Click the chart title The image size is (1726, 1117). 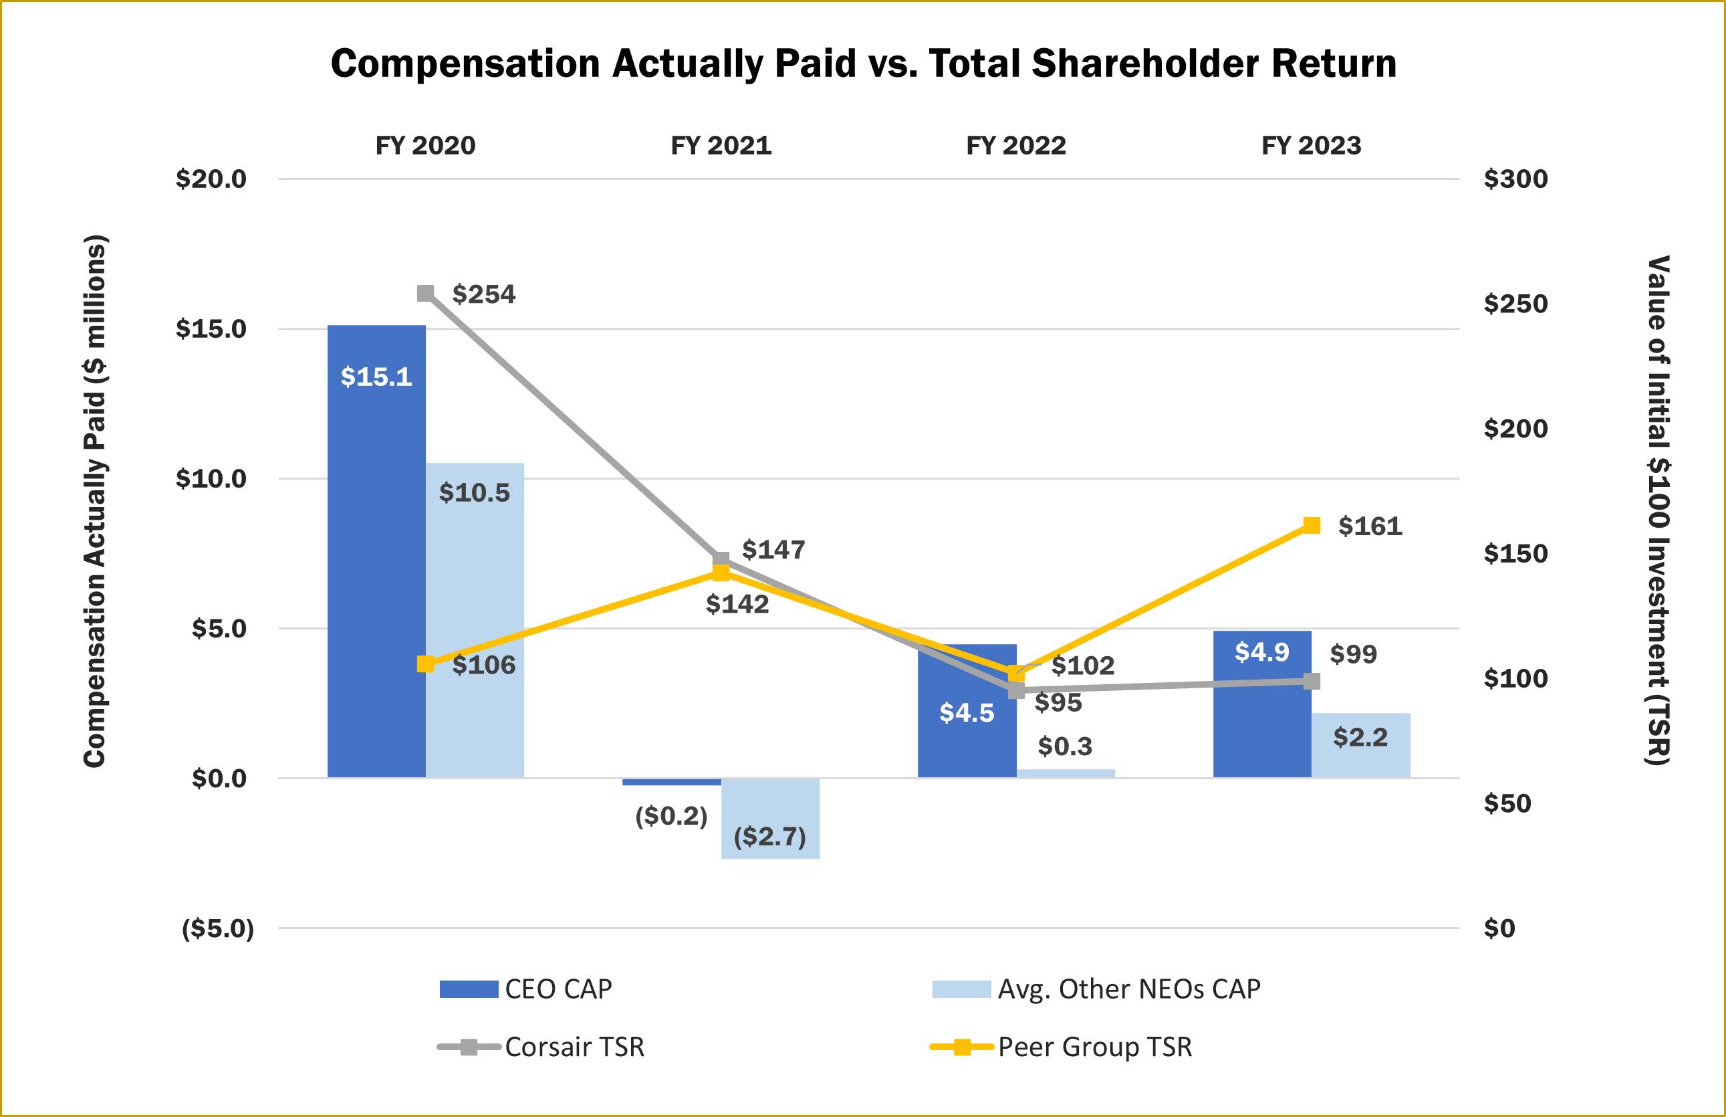tap(862, 64)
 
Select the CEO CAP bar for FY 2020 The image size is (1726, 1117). tap(376, 551)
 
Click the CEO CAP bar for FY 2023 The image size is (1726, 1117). tap(1261, 704)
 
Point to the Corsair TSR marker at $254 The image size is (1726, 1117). tap(426, 293)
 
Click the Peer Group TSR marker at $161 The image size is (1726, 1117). tap(1312, 525)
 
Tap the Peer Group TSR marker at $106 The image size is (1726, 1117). tap(426, 664)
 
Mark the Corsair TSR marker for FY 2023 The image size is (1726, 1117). tap(1312, 681)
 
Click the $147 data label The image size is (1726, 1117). tap(773, 550)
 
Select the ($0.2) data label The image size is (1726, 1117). tap(670, 816)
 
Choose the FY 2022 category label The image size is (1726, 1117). tap(1015, 146)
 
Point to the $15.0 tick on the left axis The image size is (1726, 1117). tap(211, 328)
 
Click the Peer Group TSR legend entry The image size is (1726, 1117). tap(1062, 1047)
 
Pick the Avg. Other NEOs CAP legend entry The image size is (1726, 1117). tap(1097, 989)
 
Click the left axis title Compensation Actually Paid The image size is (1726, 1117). tap(95, 500)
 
